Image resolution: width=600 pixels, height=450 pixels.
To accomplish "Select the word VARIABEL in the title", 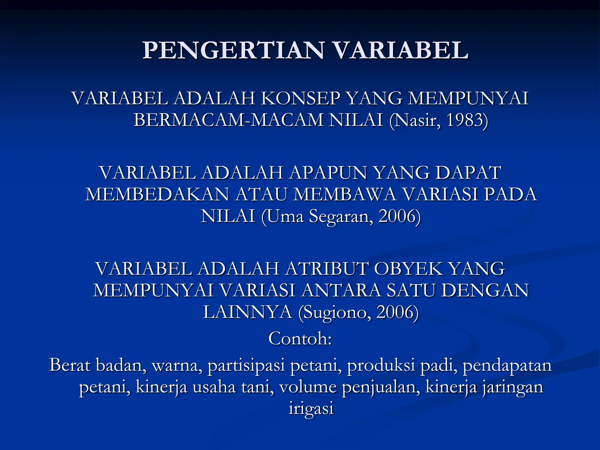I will click(400, 50).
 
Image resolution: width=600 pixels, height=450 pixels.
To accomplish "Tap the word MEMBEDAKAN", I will click(157, 195).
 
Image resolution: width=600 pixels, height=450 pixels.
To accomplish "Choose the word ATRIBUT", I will click(326, 269).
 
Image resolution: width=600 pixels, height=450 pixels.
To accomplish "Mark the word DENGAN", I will click(485, 290).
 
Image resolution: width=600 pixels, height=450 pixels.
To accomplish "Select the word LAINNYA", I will click(248, 312).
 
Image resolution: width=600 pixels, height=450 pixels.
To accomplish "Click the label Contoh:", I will click(300, 339).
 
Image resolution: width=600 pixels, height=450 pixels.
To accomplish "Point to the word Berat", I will click(70, 365).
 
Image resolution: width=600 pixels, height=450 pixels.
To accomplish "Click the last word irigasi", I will click(311, 409).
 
